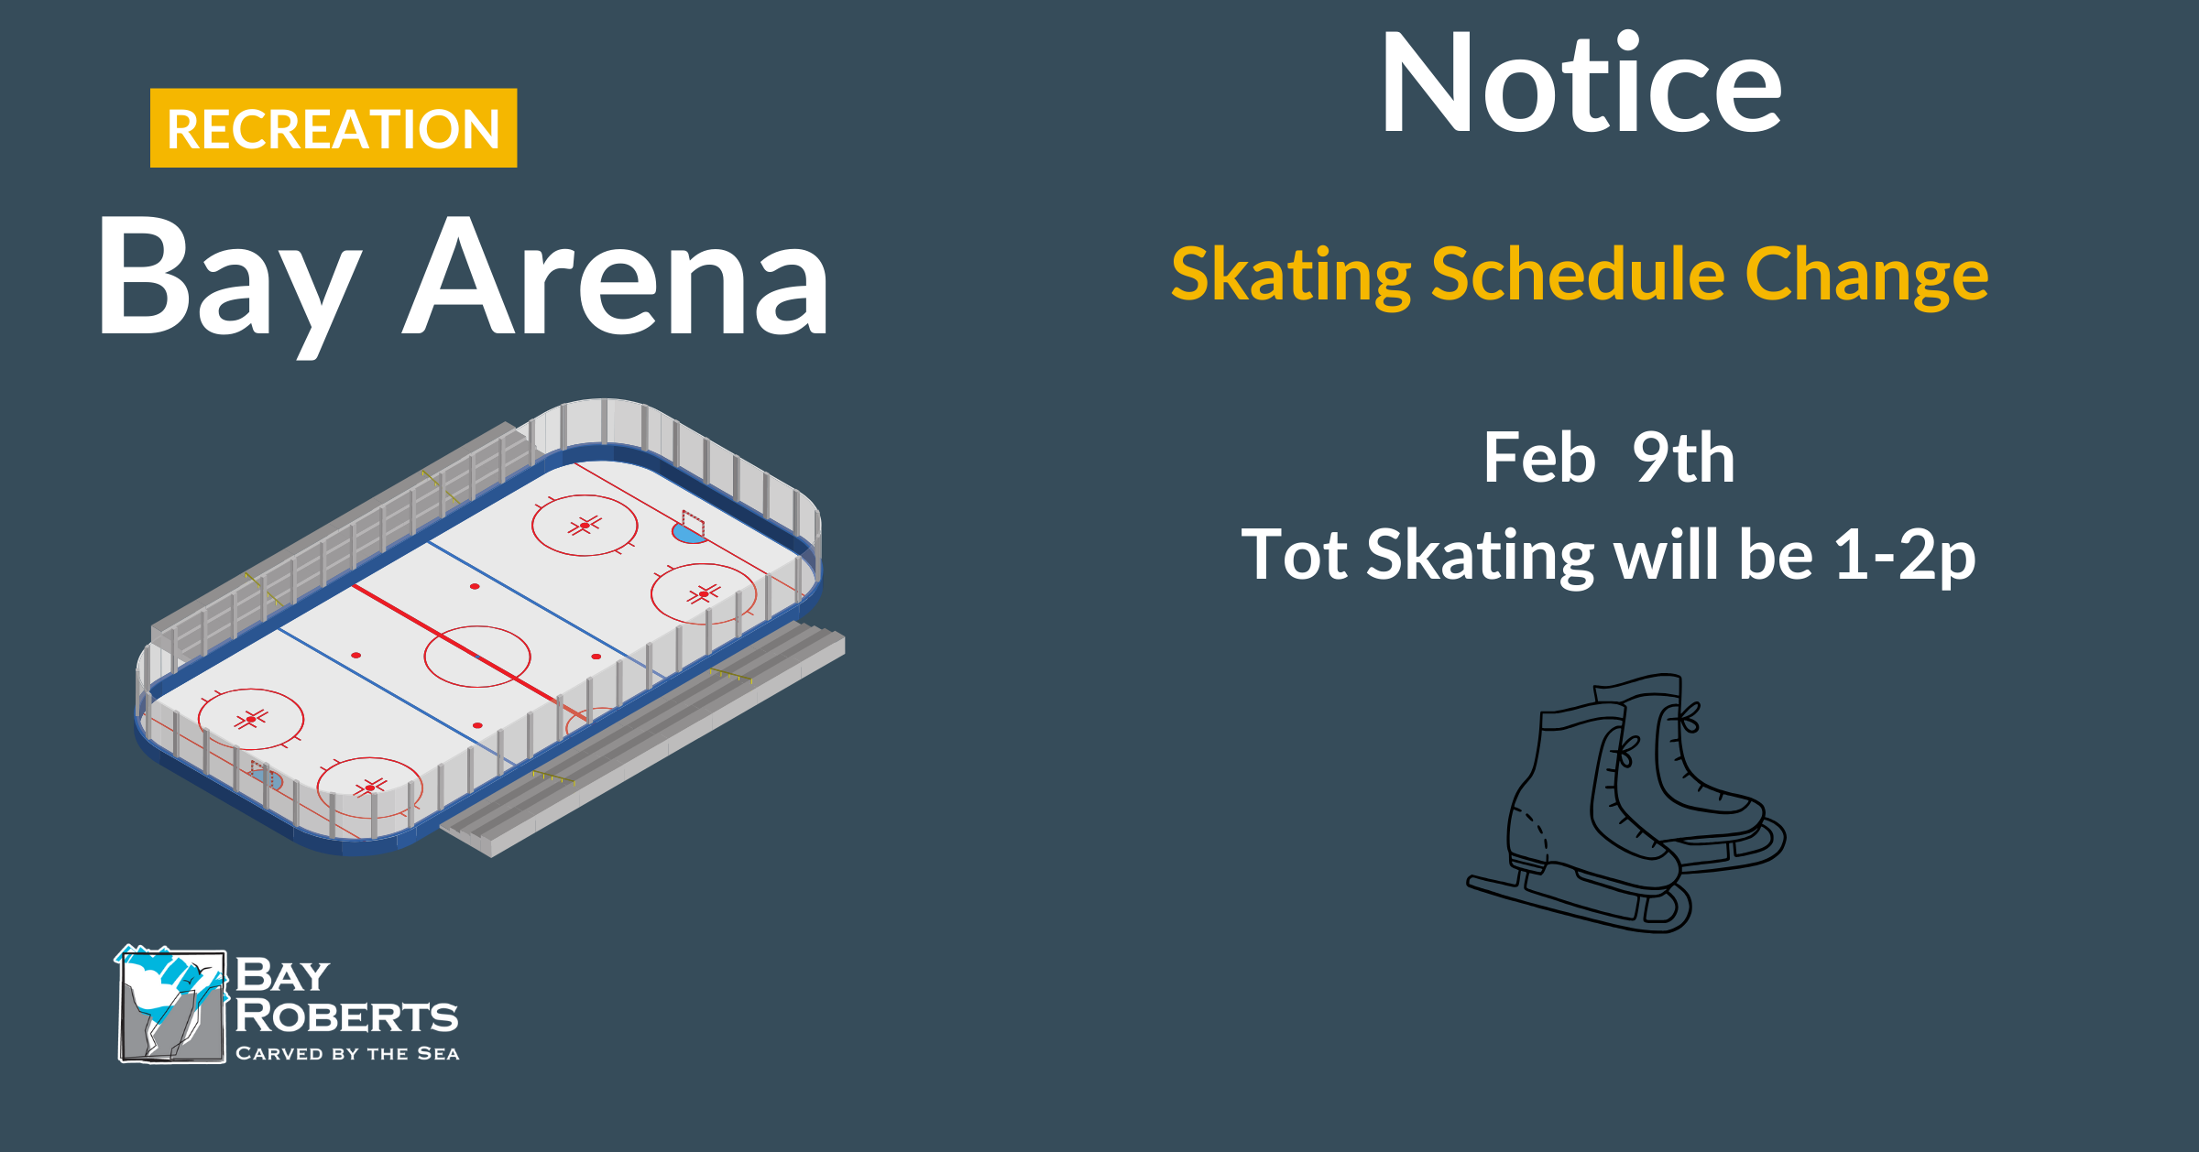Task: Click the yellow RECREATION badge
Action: (334, 128)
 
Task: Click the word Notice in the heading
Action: (1581, 83)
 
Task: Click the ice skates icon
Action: (1626, 803)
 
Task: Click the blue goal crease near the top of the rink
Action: (688, 533)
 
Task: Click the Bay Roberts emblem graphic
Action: (171, 1005)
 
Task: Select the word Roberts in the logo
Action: (346, 1016)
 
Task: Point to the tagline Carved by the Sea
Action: (347, 1053)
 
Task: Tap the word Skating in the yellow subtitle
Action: (1291, 276)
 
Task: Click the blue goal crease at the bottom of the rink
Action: (268, 778)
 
